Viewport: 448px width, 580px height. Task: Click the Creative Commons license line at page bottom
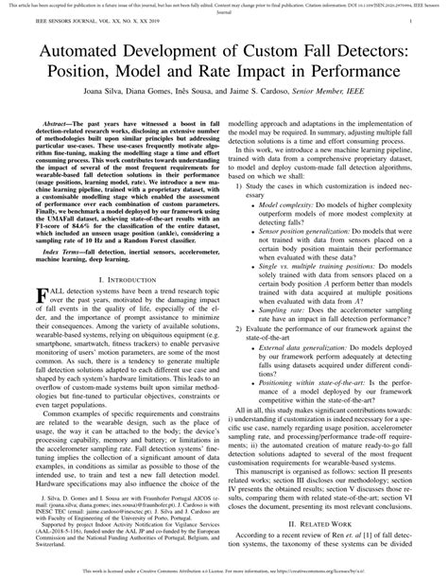tap(224, 571)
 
